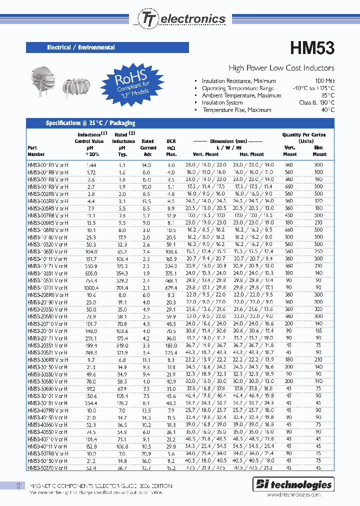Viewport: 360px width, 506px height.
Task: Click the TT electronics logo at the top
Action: click(180, 19)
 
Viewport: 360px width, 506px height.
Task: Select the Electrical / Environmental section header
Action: click(81, 47)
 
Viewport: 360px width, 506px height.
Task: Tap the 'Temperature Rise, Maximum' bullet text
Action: click(236, 110)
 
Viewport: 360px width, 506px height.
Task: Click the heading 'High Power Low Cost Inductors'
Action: click(281, 68)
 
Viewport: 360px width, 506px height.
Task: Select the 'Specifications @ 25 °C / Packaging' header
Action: click(90, 123)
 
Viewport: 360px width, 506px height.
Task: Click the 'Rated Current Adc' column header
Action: click(148, 148)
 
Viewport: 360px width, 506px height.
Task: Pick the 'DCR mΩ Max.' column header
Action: click(171, 148)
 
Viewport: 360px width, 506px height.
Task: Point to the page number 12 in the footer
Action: click(18, 485)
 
